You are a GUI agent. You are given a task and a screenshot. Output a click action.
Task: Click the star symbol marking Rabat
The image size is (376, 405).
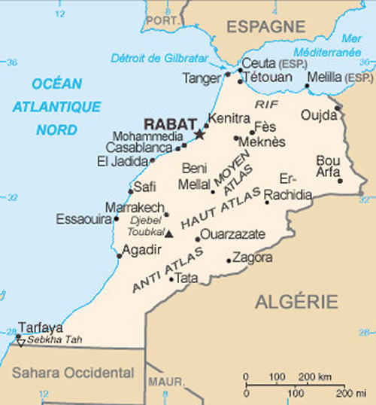199,134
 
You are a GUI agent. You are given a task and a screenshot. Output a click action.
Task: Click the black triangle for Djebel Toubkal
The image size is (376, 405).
169,233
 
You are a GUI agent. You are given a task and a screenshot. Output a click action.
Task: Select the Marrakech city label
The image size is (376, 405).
135,206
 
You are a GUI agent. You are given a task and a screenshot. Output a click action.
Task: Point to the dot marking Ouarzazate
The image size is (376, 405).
198,239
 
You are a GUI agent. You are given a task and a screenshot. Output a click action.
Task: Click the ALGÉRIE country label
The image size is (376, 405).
296,302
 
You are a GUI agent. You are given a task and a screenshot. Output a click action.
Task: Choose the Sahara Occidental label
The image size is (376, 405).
73,372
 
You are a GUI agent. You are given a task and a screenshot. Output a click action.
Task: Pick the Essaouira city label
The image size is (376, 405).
83,219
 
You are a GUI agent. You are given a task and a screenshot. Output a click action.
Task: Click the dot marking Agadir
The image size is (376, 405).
120,256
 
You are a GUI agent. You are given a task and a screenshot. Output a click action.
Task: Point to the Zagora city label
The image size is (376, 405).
253,257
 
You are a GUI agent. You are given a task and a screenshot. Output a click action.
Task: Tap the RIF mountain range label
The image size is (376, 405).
266,104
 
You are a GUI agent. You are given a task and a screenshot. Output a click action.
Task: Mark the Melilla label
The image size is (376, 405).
327,77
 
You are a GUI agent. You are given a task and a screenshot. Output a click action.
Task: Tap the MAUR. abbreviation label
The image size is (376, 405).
165,382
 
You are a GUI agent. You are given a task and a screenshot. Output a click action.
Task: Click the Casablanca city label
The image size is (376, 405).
140,148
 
